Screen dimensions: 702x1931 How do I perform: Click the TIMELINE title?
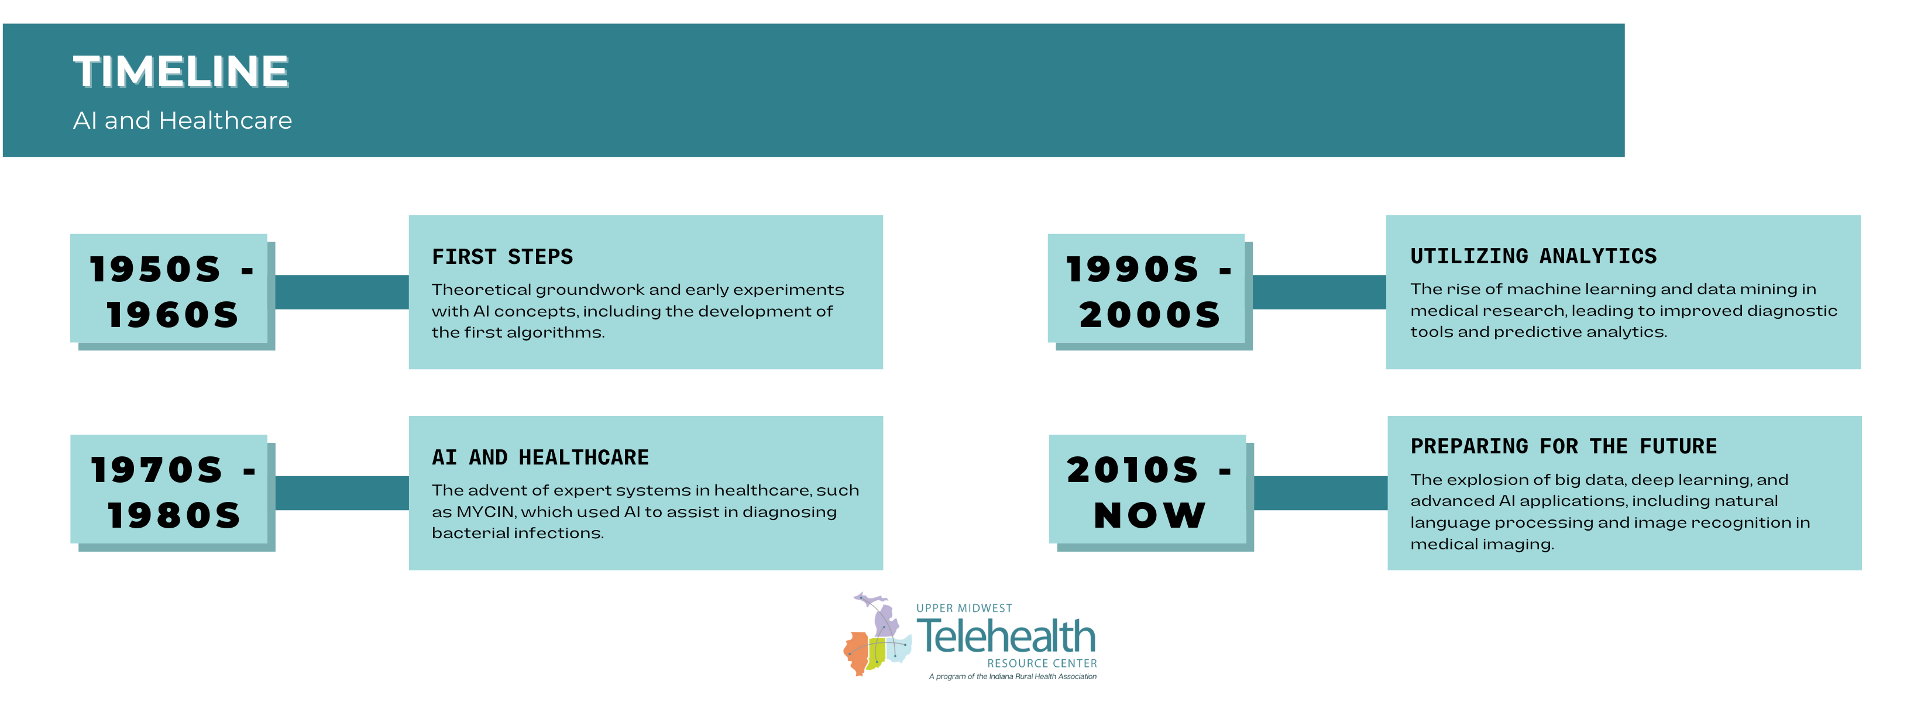pos(181,72)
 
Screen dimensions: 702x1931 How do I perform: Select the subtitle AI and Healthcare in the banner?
pos(182,121)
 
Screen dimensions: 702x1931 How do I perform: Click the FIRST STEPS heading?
pos(502,257)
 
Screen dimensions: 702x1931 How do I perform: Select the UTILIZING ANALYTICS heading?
pos(1533,256)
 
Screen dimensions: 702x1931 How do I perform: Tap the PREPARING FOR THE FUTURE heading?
pos(1563,446)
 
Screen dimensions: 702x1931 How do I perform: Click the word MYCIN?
pos(485,512)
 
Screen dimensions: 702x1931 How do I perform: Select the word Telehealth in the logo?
pos(1005,637)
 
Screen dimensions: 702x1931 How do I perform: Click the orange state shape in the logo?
pos(856,652)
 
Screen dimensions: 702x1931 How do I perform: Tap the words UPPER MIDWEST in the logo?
pos(964,608)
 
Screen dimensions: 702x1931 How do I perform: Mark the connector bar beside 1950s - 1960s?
pos(342,292)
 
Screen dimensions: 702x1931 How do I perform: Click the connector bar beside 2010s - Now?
pos(1320,493)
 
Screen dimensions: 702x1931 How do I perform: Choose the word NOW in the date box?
pos(1149,515)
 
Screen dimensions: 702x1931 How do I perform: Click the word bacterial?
pos(466,534)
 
